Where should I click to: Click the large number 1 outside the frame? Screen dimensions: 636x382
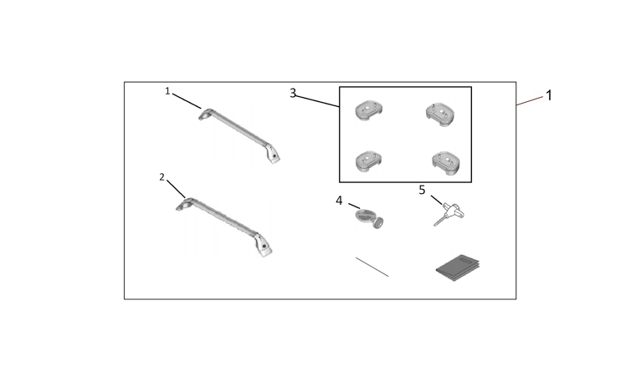[549, 95]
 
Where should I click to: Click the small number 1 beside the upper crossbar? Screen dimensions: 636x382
[167, 91]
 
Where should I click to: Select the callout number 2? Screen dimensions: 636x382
[162, 177]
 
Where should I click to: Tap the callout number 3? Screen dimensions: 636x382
[293, 93]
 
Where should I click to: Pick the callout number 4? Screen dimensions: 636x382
[339, 201]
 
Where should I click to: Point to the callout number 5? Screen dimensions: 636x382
[422, 190]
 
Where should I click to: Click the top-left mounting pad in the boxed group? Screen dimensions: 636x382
[368, 110]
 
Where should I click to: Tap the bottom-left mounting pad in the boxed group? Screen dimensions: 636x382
[369, 161]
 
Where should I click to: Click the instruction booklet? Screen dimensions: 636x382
[458, 267]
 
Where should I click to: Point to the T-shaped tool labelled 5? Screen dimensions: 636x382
[449, 214]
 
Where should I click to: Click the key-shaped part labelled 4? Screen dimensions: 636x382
[369, 218]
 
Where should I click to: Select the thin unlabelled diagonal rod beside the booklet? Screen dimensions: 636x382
[372, 267]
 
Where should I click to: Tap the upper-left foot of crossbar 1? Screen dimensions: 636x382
[205, 115]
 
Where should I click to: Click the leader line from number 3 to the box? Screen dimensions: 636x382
[317, 101]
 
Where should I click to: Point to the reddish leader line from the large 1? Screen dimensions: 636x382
[530, 101]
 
